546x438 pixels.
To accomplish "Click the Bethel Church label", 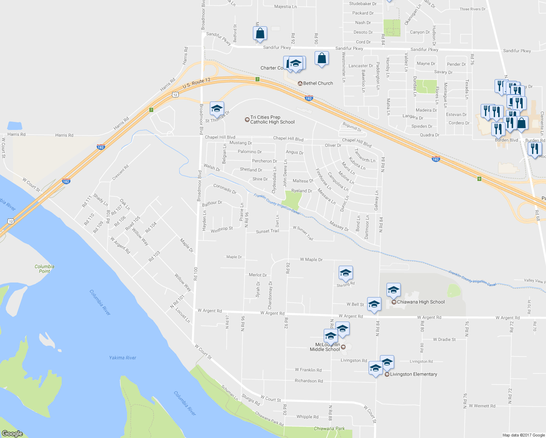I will click(x=318, y=83).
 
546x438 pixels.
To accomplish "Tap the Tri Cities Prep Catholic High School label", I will click(x=272, y=120).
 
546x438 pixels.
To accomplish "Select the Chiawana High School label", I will click(x=420, y=302).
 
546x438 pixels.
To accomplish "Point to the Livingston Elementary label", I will click(x=413, y=374).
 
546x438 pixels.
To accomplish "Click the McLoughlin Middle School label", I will click(x=325, y=347).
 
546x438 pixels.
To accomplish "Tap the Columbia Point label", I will click(x=45, y=269).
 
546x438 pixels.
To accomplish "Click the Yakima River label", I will click(x=123, y=358).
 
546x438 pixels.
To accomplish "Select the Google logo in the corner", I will click(x=12, y=434).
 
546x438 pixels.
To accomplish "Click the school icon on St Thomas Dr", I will click(x=216, y=108).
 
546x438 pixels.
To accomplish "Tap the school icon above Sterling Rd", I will click(x=346, y=272).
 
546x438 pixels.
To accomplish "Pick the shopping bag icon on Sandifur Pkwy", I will click(x=260, y=33).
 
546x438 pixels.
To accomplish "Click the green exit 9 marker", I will click(x=479, y=178).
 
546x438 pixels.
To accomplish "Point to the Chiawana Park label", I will click(x=329, y=429).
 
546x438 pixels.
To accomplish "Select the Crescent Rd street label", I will click(x=120, y=172).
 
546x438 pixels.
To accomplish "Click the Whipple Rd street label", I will click(x=307, y=416).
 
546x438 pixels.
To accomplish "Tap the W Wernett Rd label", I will click(x=482, y=406).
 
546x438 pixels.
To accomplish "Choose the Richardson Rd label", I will click(x=309, y=381).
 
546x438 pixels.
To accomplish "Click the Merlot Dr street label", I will click(x=258, y=275).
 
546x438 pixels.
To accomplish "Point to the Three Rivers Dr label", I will click(x=473, y=9).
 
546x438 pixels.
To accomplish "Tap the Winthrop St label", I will click(x=222, y=230).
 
